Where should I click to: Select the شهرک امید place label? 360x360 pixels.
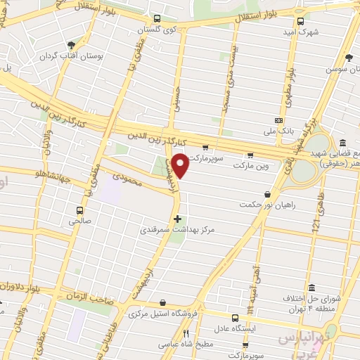(x=307, y=32)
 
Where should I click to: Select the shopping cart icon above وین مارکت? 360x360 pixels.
(x=250, y=155)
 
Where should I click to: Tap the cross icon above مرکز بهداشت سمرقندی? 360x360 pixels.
(x=176, y=219)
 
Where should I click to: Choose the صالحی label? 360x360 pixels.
(x=79, y=220)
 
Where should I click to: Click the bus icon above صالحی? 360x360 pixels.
(x=79, y=210)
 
